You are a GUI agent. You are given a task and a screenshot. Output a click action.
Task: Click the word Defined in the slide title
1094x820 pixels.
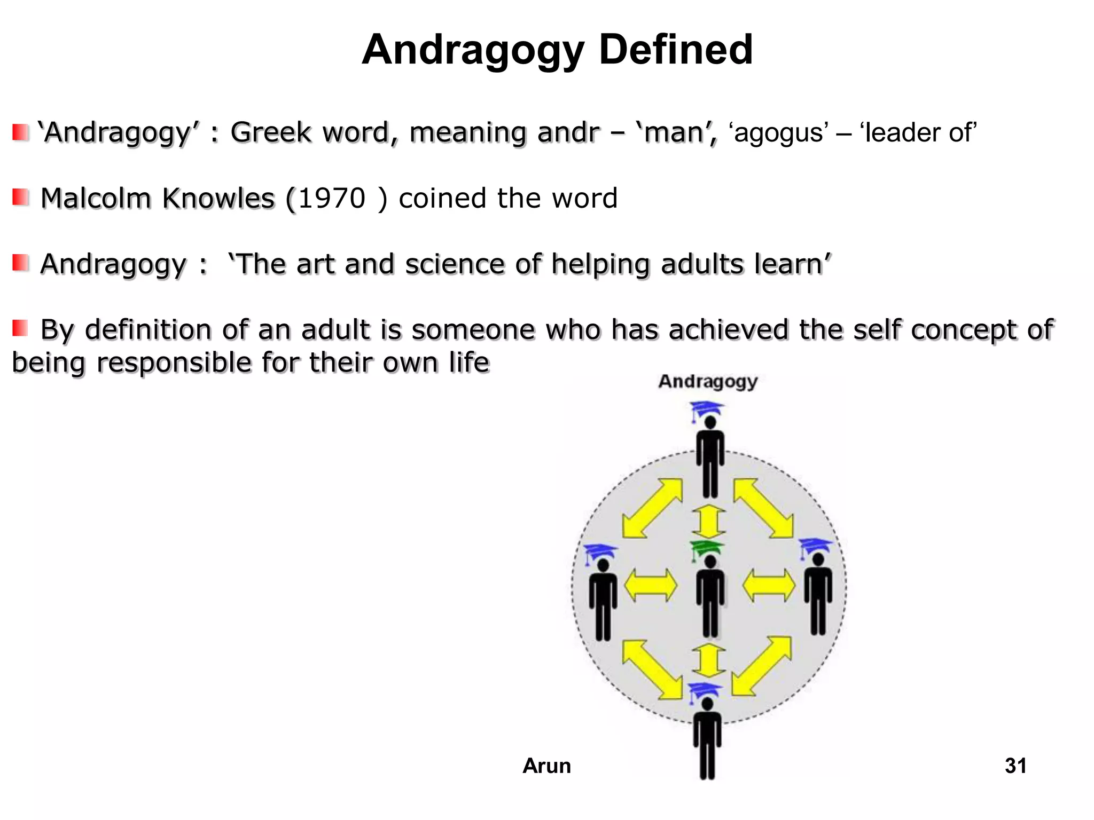pos(676,50)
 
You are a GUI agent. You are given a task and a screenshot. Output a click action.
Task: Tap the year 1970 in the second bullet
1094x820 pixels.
pos(332,199)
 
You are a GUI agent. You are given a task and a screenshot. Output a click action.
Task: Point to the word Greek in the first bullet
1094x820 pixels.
pos(271,132)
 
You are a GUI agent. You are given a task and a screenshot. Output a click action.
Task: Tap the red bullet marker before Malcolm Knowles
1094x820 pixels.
pos(21,198)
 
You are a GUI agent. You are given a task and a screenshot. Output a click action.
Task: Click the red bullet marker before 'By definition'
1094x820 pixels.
pos(21,328)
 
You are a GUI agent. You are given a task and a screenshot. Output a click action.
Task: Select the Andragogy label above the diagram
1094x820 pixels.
pos(708,382)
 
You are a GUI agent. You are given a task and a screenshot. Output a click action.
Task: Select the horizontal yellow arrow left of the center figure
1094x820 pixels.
pos(650,585)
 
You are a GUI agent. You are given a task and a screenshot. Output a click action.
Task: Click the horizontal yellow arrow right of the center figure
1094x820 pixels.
pos(768,585)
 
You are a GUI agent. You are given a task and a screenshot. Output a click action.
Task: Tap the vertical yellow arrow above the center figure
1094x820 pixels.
pos(708,521)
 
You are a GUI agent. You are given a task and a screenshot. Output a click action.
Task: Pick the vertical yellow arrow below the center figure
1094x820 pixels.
pos(708,660)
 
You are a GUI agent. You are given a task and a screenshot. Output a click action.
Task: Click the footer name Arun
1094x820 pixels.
pos(546,766)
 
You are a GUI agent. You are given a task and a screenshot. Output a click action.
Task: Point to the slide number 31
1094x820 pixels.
pos(1015,766)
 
